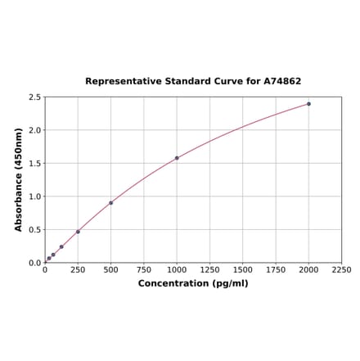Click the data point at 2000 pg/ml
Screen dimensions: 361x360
[308, 104]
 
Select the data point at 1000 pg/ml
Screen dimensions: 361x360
[177, 158]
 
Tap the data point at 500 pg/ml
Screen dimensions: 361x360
[110, 203]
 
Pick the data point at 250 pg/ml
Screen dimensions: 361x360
[78, 232]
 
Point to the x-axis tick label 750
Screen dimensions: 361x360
[143, 269]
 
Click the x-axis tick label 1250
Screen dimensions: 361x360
[209, 269]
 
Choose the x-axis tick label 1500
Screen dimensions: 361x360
[242, 269]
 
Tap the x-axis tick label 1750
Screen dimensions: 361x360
[276, 269]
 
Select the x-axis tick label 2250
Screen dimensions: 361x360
[341, 269]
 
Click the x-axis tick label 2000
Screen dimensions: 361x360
[308, 269]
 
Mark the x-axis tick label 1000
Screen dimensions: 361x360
[177, 269]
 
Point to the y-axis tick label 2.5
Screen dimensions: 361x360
[35, 97]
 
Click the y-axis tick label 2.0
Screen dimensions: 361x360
[35, 130]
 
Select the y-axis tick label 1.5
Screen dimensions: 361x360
[35, 164]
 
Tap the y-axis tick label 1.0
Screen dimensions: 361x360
[35, 196]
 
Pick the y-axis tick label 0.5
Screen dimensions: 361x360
[35, 230]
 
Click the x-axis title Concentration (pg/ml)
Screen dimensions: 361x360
[193, 283]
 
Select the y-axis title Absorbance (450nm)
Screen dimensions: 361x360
[19, 179]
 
